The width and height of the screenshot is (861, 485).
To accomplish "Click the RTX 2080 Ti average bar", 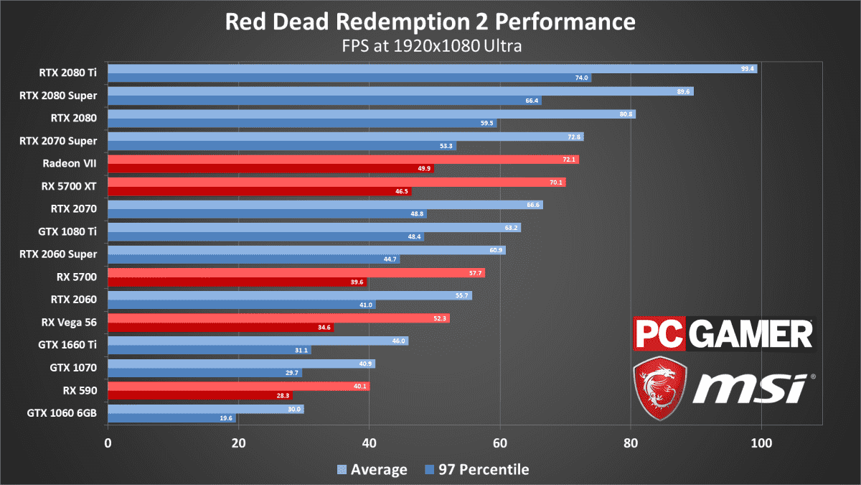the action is coord(433,69).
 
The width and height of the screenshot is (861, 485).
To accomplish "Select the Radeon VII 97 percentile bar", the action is coord(271,168).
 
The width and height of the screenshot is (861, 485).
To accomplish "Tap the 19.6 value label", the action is coord(226,418).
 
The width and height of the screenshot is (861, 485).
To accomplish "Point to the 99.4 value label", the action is coord(748,69).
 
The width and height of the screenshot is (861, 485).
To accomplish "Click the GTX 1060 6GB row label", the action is coord(62,413).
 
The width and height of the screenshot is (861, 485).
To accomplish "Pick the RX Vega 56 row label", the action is coord(69,322).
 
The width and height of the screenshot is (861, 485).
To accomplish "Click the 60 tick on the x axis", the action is coord(500,443).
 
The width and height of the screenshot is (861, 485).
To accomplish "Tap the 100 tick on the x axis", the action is coord(761,443).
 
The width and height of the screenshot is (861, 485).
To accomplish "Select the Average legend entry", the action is coord(372,470).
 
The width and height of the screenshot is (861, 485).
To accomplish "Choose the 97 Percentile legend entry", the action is coord(477,470).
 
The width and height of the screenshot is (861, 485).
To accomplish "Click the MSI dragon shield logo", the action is coord(660,388).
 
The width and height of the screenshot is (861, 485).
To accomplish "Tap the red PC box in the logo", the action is coord(659,333).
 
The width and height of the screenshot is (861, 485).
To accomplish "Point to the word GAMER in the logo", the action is coord(751,333).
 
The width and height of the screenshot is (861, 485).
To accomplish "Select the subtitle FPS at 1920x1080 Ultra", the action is coord(432,46).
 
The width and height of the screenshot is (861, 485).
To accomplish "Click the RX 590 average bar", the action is coord(239,386).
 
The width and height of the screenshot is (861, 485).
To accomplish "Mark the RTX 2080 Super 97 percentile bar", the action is coord(325,101).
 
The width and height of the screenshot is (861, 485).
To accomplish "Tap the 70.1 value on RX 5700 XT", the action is coord(556,183).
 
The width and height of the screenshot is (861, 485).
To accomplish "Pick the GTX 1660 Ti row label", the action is coord(67,345).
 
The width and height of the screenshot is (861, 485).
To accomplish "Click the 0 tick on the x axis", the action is coord(108,443).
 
